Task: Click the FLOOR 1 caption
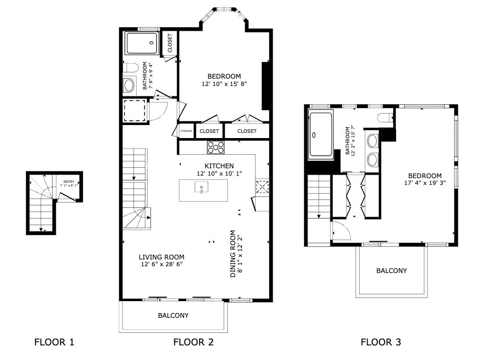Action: [x=54, y=342]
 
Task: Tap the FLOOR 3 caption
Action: [x=381, y=342]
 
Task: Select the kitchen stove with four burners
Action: [x=215, y=147]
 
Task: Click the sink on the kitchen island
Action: [x=201, y=187]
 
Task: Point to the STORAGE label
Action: [x=187, y=131]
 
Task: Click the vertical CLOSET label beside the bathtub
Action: [x=169, y=43]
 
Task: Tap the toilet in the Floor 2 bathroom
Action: [x=130, y=68]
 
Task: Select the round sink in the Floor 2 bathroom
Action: [x=129, y=85]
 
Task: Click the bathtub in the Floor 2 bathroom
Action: [x=142, y=43]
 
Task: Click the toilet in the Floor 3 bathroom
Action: [x=385, y=118]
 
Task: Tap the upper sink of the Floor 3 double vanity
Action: [x=372, y=141]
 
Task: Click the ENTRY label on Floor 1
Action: [x=69, y=182]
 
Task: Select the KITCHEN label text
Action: [x=219, y=166]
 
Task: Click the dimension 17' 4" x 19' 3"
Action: [x=425, y=183]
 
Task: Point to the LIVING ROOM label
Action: [x=162, y=257]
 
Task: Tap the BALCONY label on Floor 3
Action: [x=392, y=270]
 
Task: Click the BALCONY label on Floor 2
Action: [x=174, y=315]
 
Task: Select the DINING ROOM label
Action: [x=233, y=254]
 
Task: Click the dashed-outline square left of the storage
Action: [x=135, y=110]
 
